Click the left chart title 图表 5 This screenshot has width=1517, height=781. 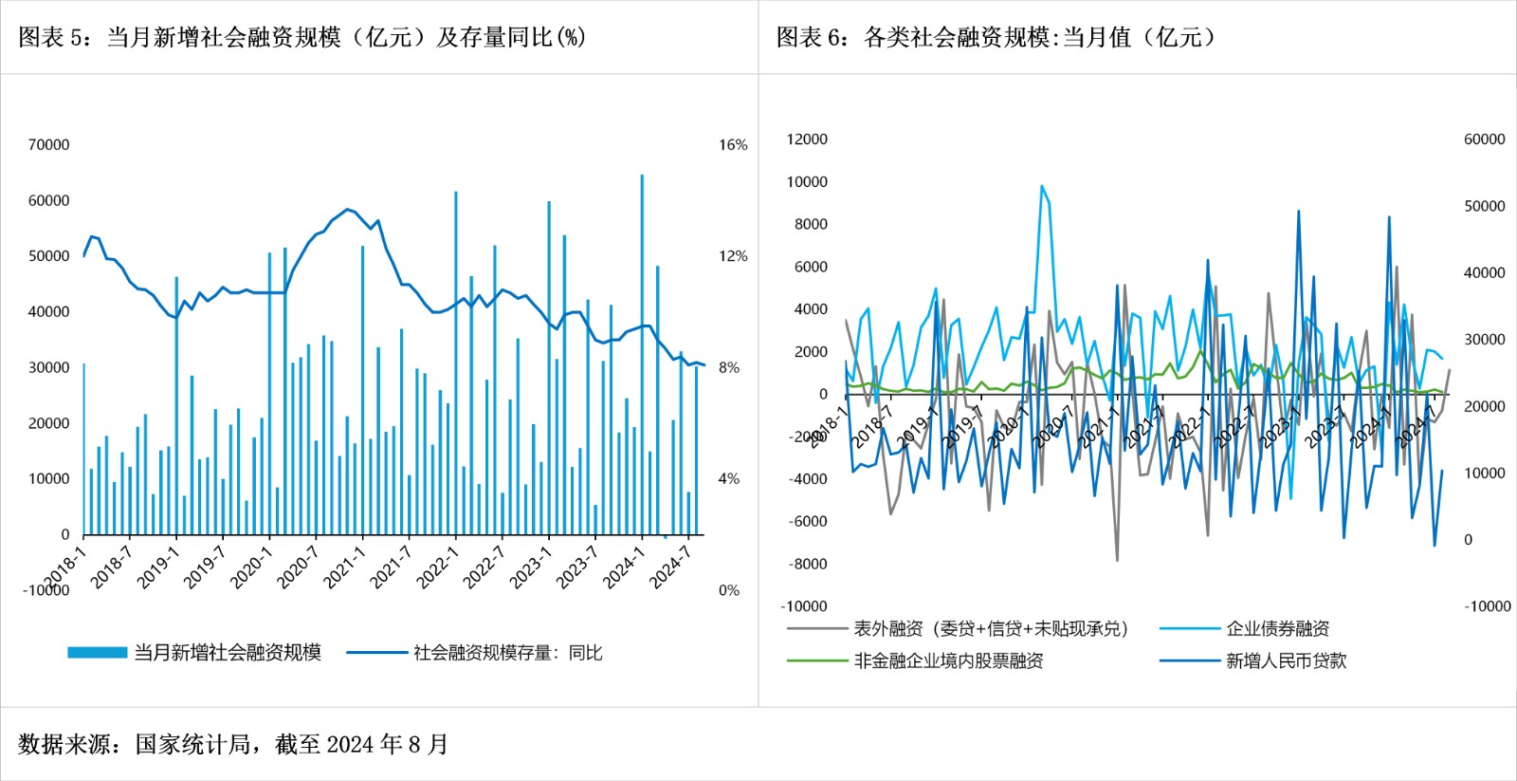click(302, 37)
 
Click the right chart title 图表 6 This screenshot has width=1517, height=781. click(996, 37)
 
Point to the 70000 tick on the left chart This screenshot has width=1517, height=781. click(48, 144)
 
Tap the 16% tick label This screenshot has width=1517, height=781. click(733, 144)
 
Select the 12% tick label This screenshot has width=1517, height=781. click(733, 256)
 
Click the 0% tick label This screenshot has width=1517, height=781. click(728, 590)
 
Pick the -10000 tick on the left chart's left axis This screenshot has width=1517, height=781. click(46, 590)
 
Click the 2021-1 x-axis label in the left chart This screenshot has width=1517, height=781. click(344, 567)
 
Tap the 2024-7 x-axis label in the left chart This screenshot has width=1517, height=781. click(670, 567)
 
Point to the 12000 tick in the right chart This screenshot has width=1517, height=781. click(807, 139)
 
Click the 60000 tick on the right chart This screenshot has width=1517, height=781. click(1484, 139)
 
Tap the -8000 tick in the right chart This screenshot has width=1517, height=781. click(808, 564)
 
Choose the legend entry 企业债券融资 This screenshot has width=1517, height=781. click(1277, 628)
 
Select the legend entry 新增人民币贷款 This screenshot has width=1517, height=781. click(1286, 660)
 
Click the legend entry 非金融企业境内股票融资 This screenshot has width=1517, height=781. click(948, 660)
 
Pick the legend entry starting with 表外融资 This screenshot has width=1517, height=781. click(991, 628)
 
